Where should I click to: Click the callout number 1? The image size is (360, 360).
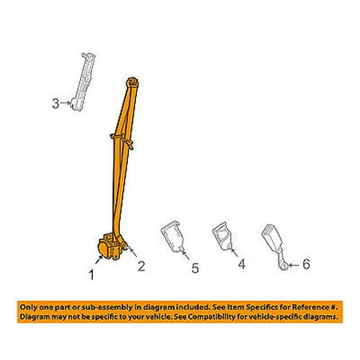coord(91,274)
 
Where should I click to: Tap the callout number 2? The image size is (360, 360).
coord(142,266)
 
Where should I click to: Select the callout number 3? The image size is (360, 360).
coord(55,103)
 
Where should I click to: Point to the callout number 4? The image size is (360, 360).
coord(242,264)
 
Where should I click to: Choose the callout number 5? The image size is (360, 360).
coord(195,268)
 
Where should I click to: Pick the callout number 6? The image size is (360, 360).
coord(306,264)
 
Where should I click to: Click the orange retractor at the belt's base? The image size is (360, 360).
coord(111,246)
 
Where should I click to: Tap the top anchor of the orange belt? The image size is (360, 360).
coord(133,82)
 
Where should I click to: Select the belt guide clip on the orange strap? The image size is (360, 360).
coord(122,141)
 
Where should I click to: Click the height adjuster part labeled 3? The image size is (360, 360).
coord(82,82)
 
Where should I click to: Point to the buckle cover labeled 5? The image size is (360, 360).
coord(173,236)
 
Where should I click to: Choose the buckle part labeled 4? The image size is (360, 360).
coord(223,236)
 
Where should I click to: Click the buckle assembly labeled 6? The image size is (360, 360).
coord(274,246)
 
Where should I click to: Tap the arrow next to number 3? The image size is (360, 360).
coord(66,102)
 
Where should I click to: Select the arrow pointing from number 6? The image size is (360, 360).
coord(294,265)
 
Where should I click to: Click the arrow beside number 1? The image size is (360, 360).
coord(99,259)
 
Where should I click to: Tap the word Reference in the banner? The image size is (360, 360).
coord(310,307)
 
